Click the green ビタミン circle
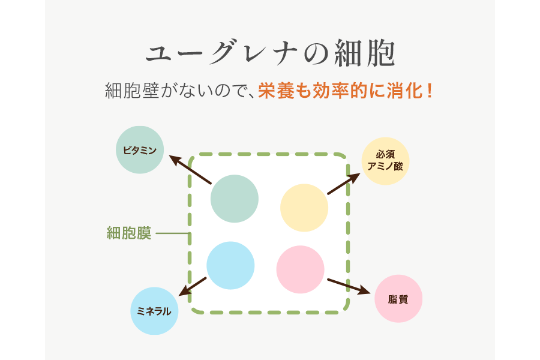tap(140, 150)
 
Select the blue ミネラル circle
tap(154, 311)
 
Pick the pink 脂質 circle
tap(398, 298)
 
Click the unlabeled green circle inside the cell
tap(235, 199)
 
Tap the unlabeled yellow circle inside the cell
tap(304, 208)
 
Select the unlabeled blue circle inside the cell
tap(230, 266)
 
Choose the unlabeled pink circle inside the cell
tap(301, 269)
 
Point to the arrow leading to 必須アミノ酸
tap(344, 184)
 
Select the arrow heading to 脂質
tap(348, 286)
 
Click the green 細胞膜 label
tap(128, 233)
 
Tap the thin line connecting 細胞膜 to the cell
tap(173, 233)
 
